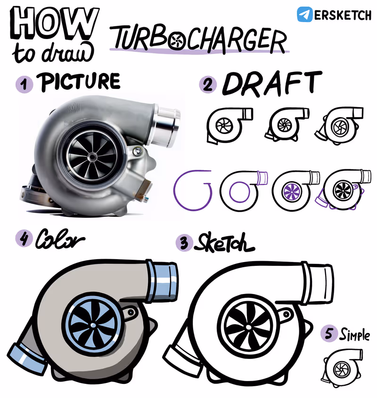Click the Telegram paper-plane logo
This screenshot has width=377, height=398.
pyautogui.click(x=304, y=14)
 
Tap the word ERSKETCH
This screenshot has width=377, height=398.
pyautogui.click(x=343, y=15)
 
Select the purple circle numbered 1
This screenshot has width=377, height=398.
pyautogui.click(x=25, y=84)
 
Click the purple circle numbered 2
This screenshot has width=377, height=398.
pyautogui.click(x=208, y=85)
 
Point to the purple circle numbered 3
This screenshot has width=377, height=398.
pyautogui.click(x=184, y=243)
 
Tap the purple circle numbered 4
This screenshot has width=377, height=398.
pyautogui.click(x=25, y=239)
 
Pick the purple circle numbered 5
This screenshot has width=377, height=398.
pyautogui.click(x=329, y=333)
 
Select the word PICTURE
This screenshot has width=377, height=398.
pyautogui.click(x=79, y=82)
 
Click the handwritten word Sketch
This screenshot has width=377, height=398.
pyautogui.click(x=224, y=242)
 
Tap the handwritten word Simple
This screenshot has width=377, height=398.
pyautogui.click(x=355, y=334)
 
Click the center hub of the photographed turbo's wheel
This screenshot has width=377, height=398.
pyautogui.click(x=92, y=157)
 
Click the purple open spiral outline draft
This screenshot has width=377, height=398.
pyautogui.click(x=192, y=191)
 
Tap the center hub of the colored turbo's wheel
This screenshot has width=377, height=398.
pyautogui.click(x=93, y=325)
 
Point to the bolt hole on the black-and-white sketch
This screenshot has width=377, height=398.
pyautogui.click(x=286, y=314)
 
